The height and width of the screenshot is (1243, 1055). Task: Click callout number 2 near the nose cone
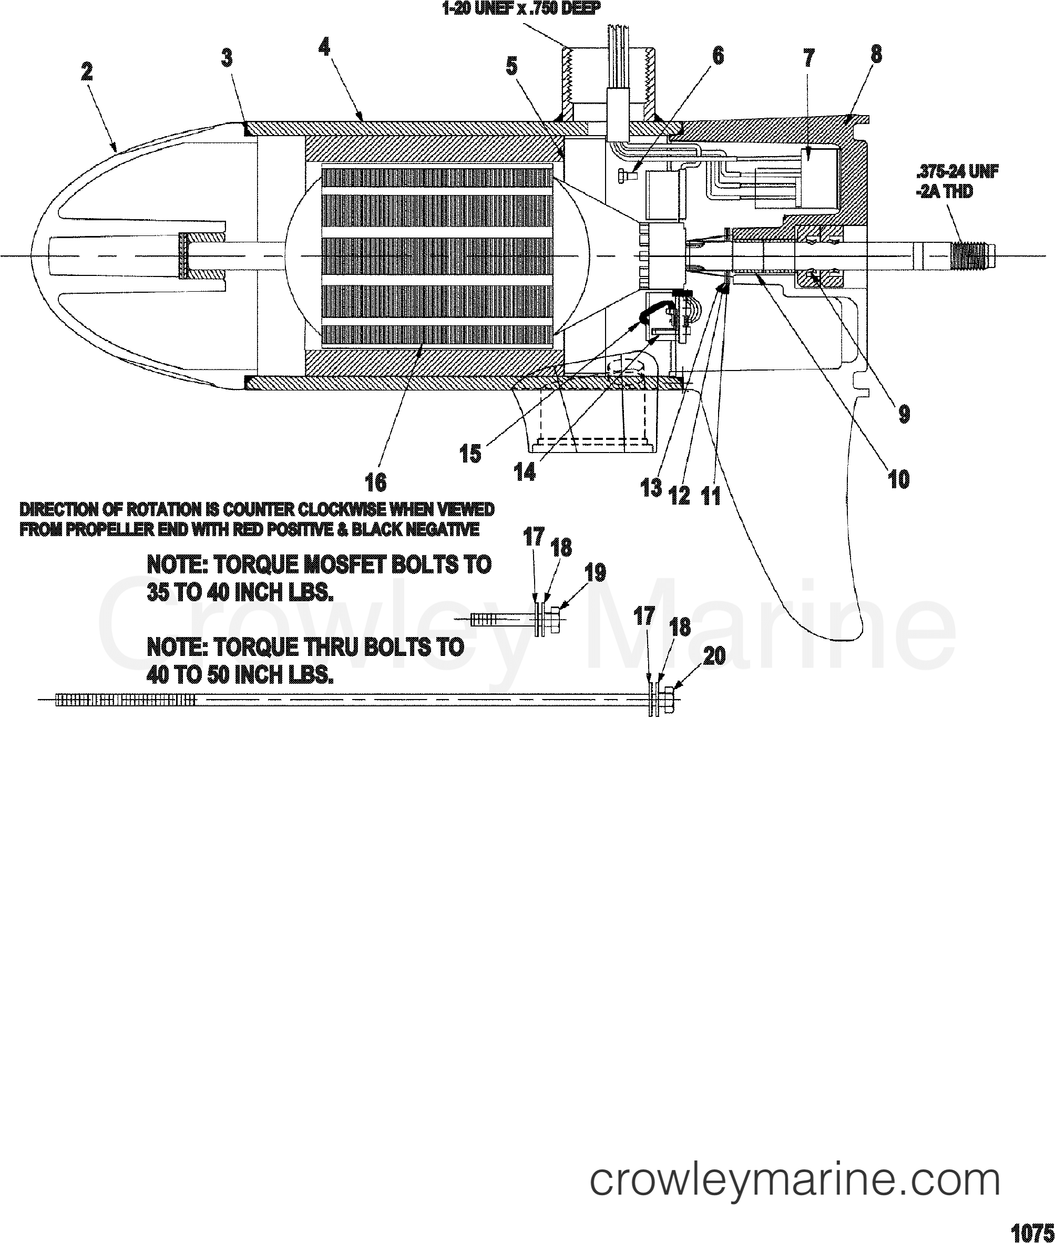pyautogui.click(x=87, y=73)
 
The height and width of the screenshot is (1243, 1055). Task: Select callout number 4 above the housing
pyautogui.click(x=324, y=47)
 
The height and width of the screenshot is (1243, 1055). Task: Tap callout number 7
pyautogui.click(x=808, y=58)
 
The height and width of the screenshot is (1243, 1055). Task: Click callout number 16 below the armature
pyautogui.click(x=376, y=482)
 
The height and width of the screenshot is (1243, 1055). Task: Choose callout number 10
pyautogui.click(x=899, y=479)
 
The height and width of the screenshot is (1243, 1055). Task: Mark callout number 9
pyautogui.click(x=904, y=414)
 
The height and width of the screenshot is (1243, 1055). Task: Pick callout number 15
pyautogui.click(x=470, y=454)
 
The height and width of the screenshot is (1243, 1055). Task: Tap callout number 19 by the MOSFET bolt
pyautogui.click(x=595, y=573)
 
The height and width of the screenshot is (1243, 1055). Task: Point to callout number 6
pyautogui.click(x=718, y=56)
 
